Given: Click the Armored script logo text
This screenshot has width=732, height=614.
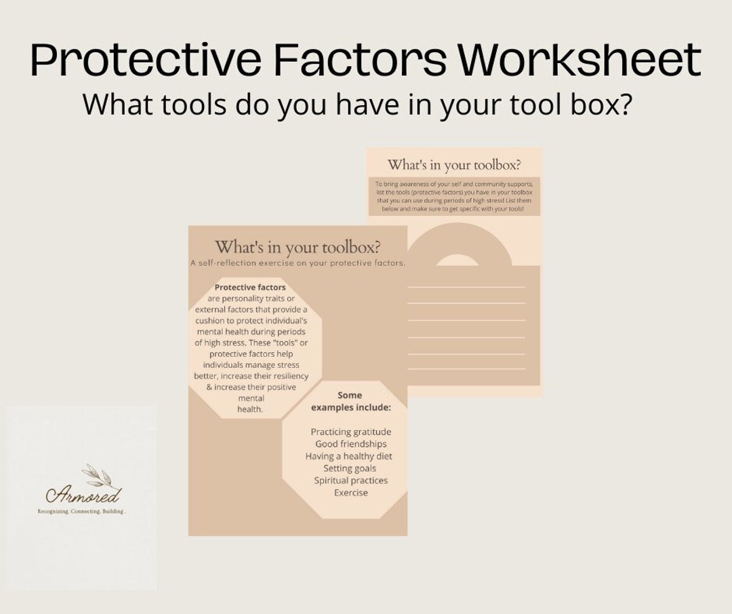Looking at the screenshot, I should tap(83, 495).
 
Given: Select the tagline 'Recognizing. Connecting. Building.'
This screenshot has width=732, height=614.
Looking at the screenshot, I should tap(81, 511).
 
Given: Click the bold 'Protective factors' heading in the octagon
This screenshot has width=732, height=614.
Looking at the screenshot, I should tap(250, 288).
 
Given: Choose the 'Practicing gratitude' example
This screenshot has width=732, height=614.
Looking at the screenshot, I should tap(350, 432).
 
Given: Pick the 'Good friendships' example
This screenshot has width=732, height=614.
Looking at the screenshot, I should tap(350, 444).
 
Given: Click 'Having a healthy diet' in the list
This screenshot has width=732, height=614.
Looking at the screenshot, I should tap(348, 457).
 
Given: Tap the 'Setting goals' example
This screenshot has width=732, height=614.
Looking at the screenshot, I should tap(350, 469).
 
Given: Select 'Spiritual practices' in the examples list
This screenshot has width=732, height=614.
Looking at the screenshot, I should tap(350, 481).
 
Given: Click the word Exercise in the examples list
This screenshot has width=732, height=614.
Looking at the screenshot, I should tap(350, 493).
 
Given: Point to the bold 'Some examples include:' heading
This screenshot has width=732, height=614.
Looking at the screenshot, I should tap(350, 401).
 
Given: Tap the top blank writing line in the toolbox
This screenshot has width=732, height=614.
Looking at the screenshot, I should tap(466, 287).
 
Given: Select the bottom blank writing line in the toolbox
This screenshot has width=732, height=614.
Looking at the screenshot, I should tap(466, 369).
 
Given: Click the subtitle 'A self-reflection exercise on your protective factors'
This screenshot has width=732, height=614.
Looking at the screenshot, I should tap(298, 263).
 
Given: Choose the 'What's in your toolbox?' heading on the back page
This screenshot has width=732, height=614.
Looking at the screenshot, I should tap(454, 165).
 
